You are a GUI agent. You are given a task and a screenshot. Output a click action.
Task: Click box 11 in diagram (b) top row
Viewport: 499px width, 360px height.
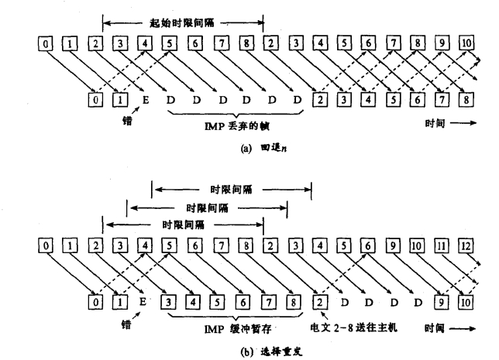coord(442,246)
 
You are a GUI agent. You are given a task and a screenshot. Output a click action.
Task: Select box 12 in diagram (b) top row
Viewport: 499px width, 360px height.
coord(466,246)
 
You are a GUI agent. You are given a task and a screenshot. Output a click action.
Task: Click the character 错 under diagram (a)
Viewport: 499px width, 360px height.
coord(116,122)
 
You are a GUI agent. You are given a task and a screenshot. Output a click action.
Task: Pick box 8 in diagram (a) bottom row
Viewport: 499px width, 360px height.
coord(466,99)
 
